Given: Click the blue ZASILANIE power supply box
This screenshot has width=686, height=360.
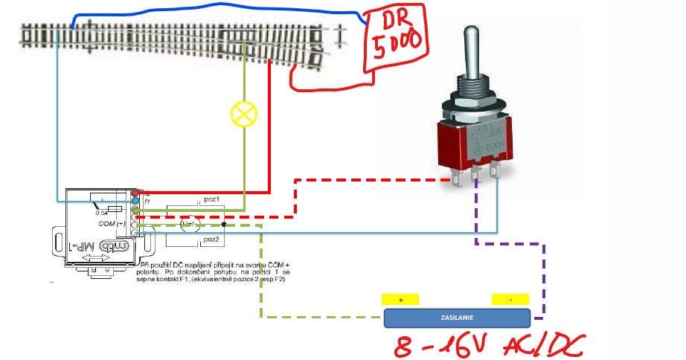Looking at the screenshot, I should click(x=456, y=318).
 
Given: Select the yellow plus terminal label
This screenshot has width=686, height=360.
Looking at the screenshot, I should click(x=402, y=299).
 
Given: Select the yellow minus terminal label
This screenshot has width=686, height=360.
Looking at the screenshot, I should click(x=510, y=299).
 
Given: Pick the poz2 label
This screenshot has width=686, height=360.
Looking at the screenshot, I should click(x=211, y=240).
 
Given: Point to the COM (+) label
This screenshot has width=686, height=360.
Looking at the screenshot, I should click(x=112, y=224).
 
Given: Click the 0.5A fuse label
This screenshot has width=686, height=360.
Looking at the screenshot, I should click(x=102, y=213).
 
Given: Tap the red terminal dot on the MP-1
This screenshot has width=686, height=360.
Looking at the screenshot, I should click(x=135, y=193).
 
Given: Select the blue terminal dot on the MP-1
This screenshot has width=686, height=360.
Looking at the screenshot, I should click(x=135, y=201).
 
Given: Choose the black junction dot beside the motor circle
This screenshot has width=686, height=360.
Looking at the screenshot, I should click(x=223, y=224).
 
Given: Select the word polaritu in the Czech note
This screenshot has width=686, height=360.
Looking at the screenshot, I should click(x=156, y=272).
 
